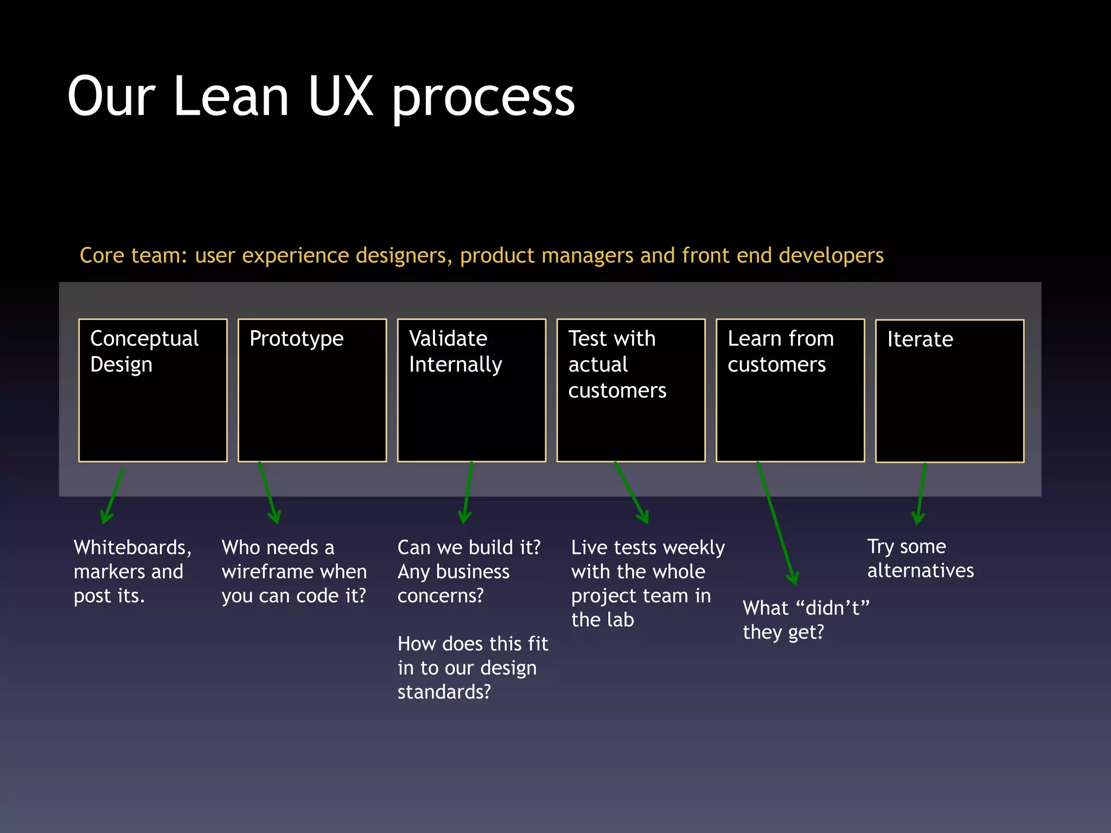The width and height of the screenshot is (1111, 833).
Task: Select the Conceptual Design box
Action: coord(152,390)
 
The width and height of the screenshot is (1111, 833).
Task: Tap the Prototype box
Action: coord(312,390)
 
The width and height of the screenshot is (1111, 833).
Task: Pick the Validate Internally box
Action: coord(471,390)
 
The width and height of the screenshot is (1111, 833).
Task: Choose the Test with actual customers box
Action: coord(631,390)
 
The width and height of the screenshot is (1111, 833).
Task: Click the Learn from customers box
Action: coord(790,390)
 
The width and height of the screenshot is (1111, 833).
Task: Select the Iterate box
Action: coord(949,391)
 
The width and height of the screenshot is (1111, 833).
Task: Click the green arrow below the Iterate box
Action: coord(921,494)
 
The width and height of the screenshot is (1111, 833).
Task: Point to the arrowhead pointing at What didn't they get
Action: coord(793,578)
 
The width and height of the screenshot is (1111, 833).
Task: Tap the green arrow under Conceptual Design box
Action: coord(113,496)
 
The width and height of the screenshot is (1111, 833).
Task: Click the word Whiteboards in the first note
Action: coord(130,548)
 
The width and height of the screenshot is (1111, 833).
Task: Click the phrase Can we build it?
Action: coord(469,548)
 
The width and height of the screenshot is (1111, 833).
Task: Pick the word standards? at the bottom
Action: coord(444,692)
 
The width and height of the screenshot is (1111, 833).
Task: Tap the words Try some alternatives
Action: coord(920,559)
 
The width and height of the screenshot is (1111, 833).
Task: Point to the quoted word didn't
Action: coord(832,608)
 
